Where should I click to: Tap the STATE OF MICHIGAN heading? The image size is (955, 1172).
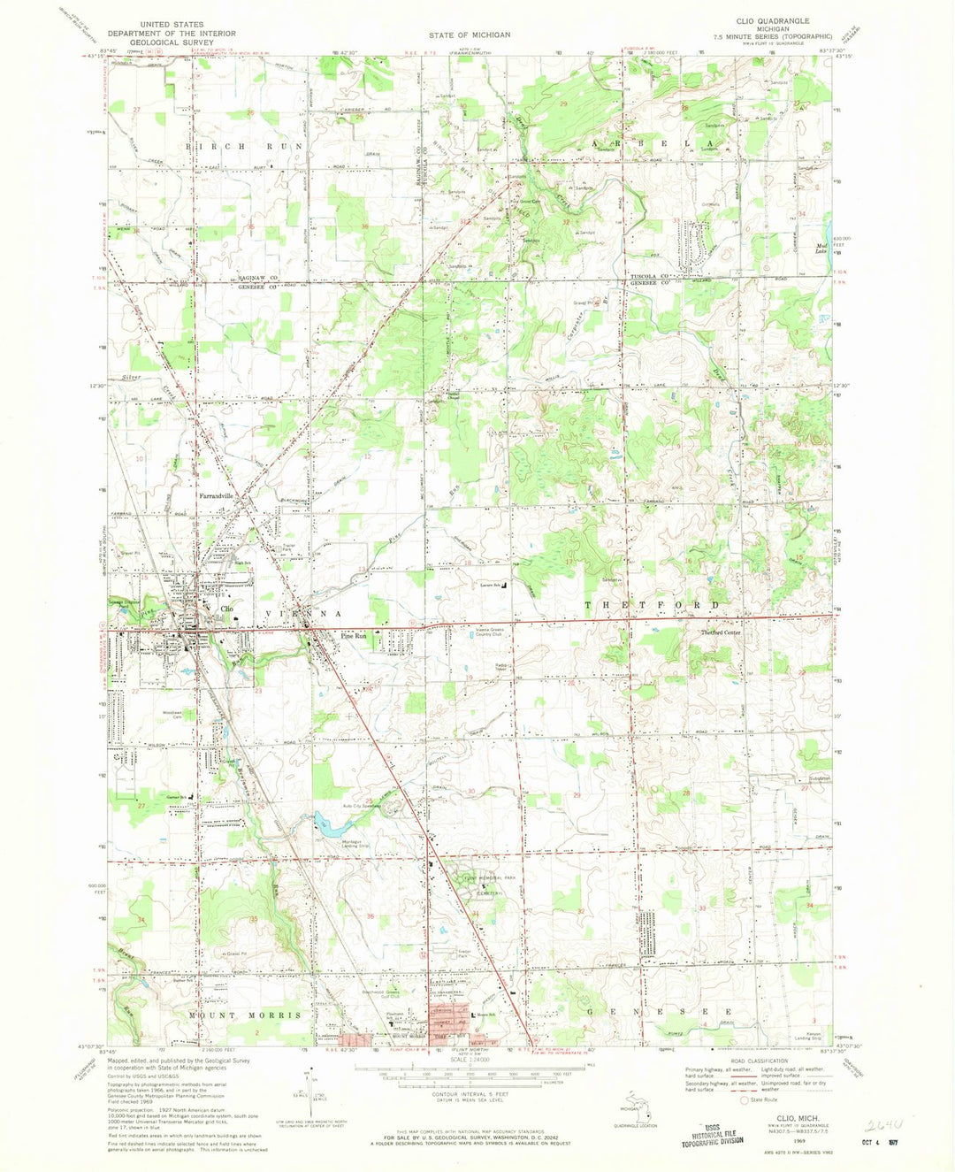tap(470, 34)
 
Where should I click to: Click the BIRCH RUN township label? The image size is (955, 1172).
tap(244, 145)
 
